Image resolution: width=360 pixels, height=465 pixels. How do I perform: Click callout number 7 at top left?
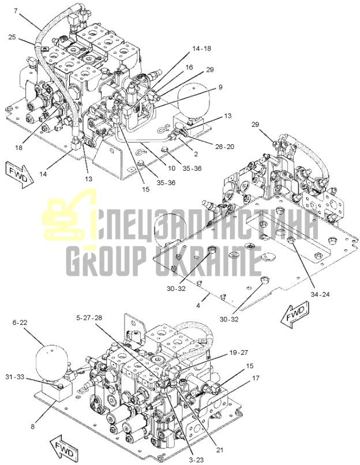(x=16, y=12)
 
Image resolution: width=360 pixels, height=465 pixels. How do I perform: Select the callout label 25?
(x=12, y=37)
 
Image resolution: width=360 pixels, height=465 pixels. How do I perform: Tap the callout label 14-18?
(x=202, y=48)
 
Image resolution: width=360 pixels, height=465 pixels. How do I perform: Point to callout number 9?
(x=220, y=87)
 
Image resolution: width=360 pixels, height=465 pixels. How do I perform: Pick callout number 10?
(x=172, y=168)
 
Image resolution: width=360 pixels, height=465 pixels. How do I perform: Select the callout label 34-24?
(x=320, y=294)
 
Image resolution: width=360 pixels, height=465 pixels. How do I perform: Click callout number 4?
(x=198, y=305)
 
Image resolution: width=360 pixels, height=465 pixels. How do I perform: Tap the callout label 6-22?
(x=20, y=322)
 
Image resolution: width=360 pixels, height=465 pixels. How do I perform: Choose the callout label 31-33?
(x=15, y=377)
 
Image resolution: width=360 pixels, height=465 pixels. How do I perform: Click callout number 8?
(x=33, y=427)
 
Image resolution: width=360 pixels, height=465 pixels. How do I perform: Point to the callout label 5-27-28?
(x=88, y=318)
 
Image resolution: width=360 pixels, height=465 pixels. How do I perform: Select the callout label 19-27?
(x=238, y=352)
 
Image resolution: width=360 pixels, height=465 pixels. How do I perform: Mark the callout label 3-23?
(x=196, y=460)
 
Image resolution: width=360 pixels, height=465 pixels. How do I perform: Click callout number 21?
(x=219, y=450)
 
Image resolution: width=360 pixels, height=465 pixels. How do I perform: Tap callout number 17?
(x=256, y=378)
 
